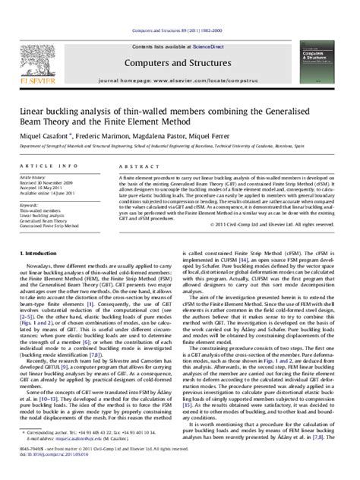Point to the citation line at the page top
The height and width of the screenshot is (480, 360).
pos(180,8)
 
